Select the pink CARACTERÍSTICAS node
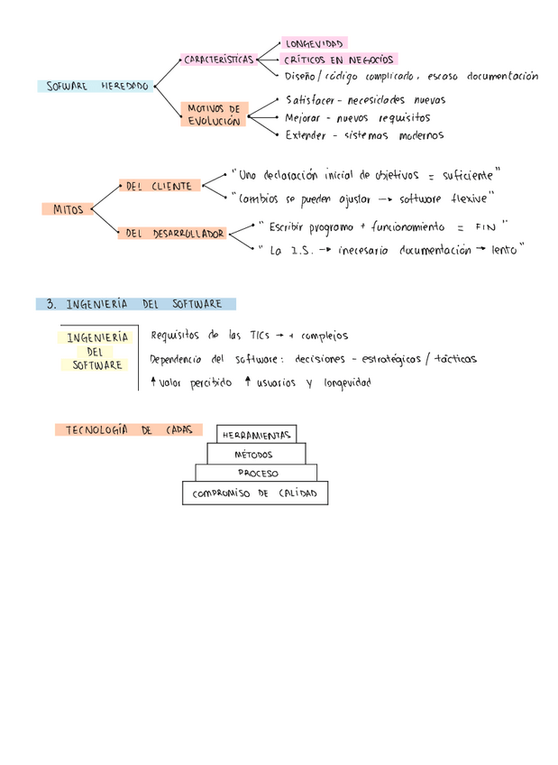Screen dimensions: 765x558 click(x=218, y=60)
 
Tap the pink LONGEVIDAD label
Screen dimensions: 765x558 click(x=314, y=43)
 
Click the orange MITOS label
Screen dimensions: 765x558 click(x=67, y=209)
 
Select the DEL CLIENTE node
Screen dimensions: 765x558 click(x=159, y=186)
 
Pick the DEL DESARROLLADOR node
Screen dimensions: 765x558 click(x=175, y=233)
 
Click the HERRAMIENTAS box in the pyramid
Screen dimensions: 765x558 click(x=257, y=435)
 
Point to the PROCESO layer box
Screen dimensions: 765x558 click(x=258, y=473)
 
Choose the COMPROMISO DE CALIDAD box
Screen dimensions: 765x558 click(x=255, y=493)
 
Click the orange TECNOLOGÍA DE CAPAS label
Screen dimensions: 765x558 click(x=128, y=430)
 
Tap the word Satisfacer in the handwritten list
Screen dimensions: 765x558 click(x=308, y=100)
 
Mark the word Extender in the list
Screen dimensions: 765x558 click(x=307, y=135)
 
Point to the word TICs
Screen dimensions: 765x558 click(x=261, y=336)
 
